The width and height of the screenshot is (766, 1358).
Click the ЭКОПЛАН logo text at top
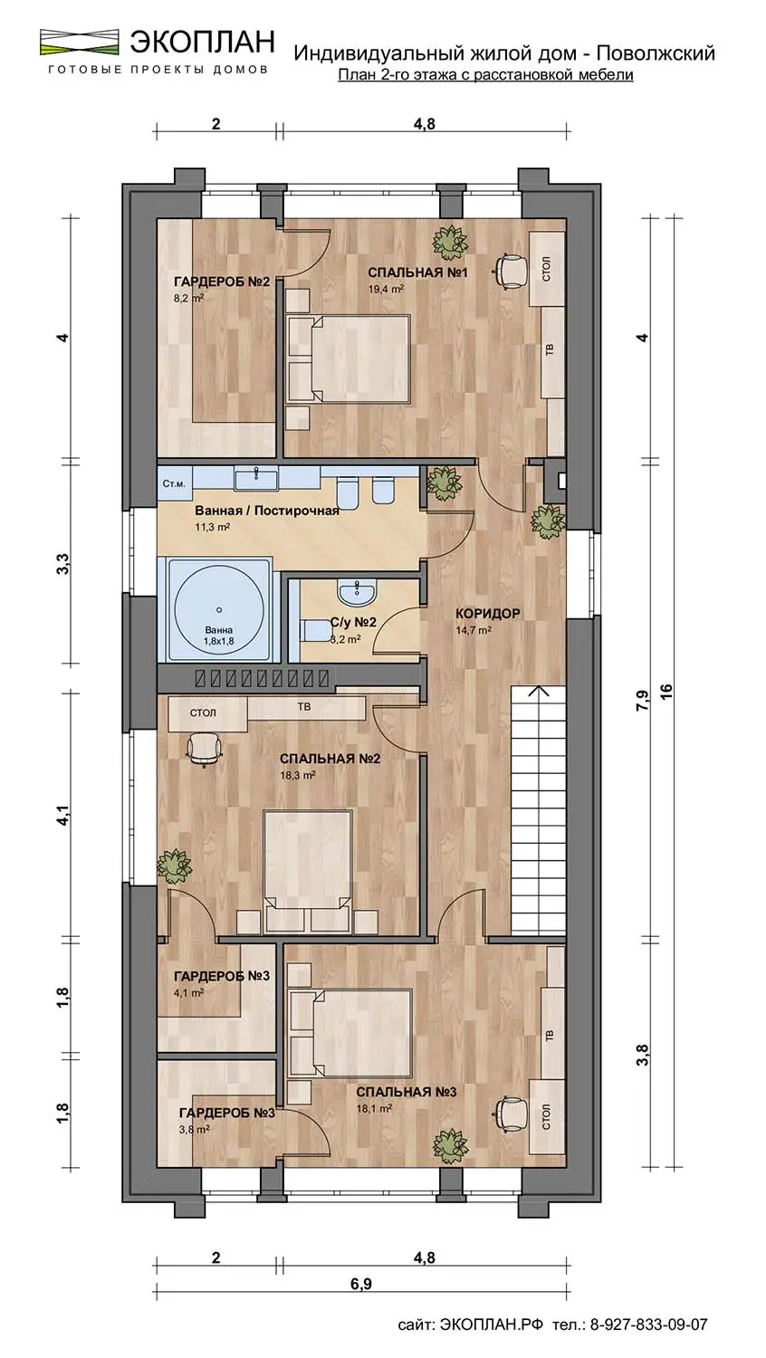tap(202, 42)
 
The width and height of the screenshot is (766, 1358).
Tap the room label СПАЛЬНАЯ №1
tap(418, 273)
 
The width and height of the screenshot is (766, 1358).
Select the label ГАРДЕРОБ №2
tap(221, 282)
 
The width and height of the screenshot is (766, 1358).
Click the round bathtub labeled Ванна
tap(219, 609)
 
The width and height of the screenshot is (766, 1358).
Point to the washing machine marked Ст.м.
tap(175, 483)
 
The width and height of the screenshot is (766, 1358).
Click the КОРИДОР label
tap(488, 614)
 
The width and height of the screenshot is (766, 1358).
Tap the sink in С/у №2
tap(358, 592)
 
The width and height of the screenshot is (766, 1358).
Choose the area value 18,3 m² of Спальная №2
tap(298, 775)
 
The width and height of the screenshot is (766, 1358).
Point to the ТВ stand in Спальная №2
tap(306, 707)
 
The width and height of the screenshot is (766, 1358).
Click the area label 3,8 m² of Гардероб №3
tap(194, 1129)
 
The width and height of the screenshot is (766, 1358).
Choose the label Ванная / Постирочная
tap(267, 511)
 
